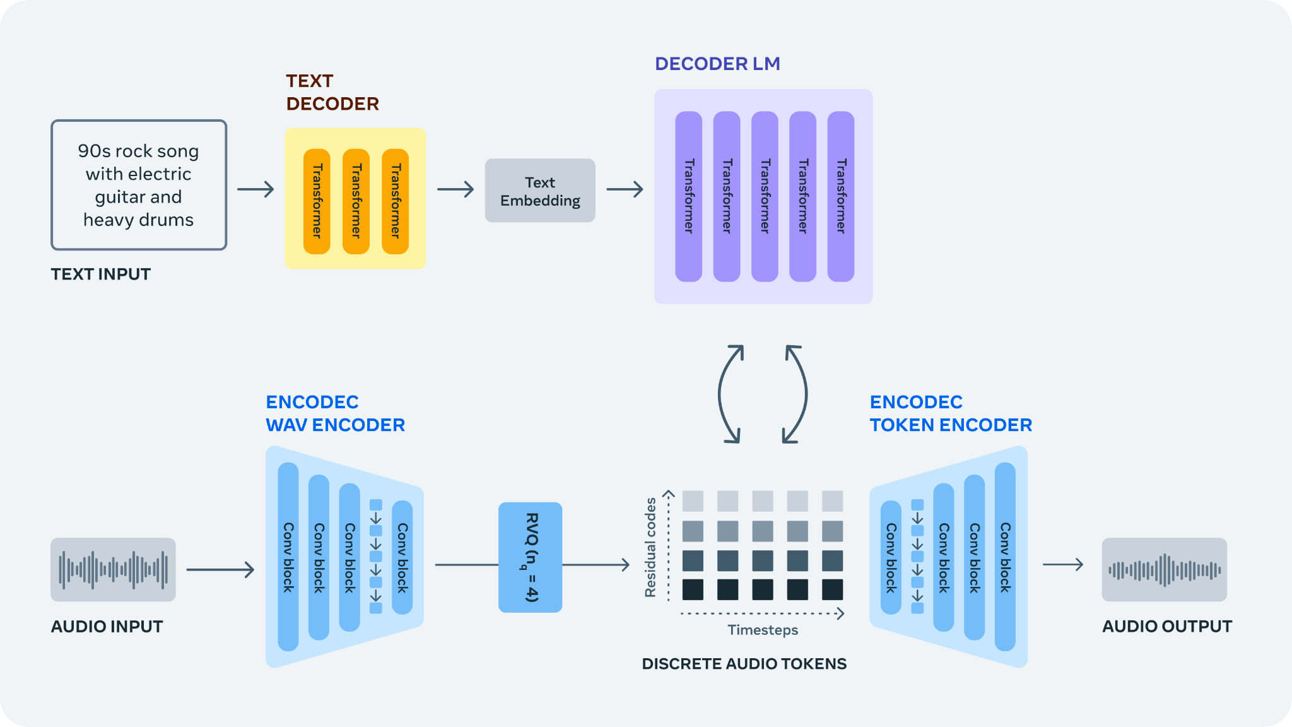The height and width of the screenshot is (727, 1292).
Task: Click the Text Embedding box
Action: [540, 191]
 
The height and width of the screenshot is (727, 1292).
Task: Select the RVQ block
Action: [530, 557]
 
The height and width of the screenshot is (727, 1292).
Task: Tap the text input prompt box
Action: [139, 185]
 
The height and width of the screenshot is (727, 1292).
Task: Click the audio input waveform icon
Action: [113, 569]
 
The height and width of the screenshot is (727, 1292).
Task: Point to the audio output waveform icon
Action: [1164, 569]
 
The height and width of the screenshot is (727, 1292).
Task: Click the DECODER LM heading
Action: [717, 64]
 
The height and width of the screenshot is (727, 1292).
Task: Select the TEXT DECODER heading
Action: [332, 92]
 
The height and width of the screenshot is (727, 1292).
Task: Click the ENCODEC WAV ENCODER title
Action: [335, 413]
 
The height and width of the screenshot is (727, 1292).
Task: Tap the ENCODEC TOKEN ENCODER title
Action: [951, 413]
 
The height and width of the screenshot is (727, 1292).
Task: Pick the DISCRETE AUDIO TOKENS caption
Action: [744, 664]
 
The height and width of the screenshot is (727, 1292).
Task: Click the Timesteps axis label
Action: [763, 630]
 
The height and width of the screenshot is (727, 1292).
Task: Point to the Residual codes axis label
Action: [650, 547]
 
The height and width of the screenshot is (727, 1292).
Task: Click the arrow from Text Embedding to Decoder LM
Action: [625, 189]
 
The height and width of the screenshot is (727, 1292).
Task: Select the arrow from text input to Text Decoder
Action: [255, 189]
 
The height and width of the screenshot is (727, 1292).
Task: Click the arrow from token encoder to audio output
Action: [1063, 564]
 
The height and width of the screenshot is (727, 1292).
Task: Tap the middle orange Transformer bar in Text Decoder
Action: [356, 201]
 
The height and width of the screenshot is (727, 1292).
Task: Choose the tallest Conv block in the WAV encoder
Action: [288, 557]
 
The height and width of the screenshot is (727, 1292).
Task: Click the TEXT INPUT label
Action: [101, 274]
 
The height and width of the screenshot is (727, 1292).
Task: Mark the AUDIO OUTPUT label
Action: [1166, 627]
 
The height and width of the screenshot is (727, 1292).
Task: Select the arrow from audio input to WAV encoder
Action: [220, 570]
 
